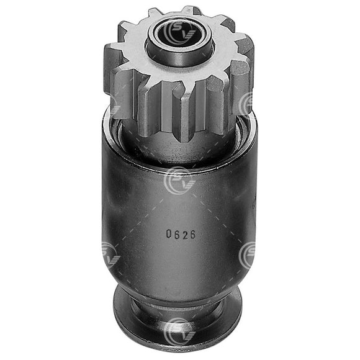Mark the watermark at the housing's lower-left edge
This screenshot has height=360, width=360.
[109, 254]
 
